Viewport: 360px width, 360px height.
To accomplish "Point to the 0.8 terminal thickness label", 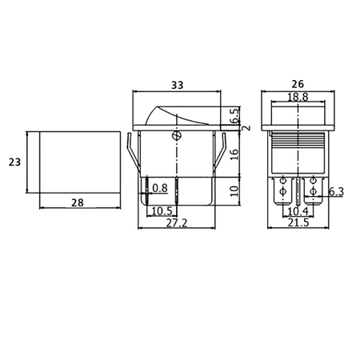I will point(159,188).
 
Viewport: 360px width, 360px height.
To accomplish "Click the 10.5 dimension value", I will point(162,210).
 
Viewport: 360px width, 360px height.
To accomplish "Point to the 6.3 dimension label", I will point(336,191).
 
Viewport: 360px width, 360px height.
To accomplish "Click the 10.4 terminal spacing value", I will point(298,210).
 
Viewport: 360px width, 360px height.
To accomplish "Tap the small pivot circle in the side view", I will point(174,138).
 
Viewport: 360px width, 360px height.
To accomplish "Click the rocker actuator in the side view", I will point(173,114).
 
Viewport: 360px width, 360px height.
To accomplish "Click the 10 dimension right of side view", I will point(234,190).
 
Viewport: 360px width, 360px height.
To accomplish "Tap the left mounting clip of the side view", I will point(131,156).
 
